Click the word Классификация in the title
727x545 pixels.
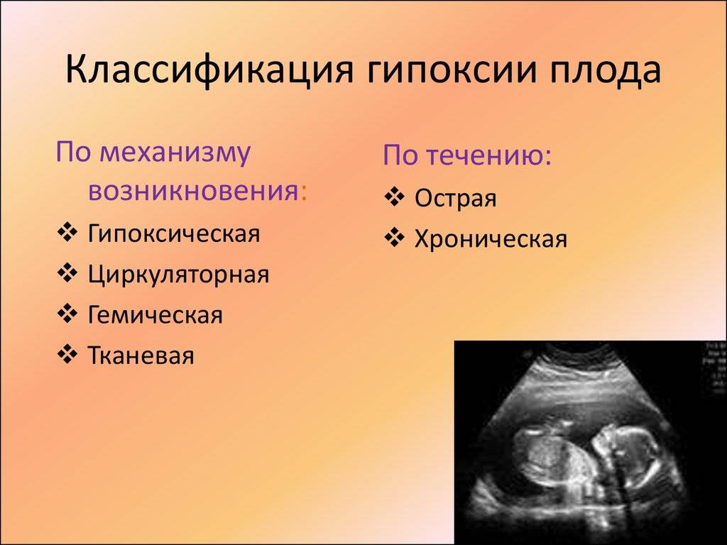[209, 70]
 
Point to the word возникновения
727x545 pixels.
[194, 190]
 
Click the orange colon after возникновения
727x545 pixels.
[304, 192]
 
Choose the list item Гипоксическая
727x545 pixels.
[174, 233]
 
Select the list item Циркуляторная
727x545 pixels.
[178, 275]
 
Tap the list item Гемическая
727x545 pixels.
[155, 315]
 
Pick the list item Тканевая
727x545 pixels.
[141, 356]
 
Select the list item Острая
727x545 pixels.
[455, 199]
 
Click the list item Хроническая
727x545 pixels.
[491, 239]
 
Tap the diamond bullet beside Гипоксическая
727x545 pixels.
[67, 232]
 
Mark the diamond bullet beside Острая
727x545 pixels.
[394, 197]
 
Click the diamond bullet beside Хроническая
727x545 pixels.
[394, 238]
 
